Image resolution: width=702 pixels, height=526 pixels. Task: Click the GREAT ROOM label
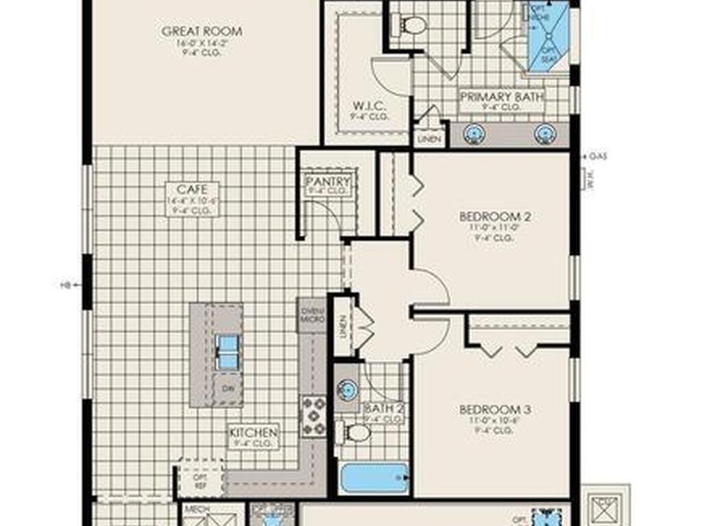point(202,32)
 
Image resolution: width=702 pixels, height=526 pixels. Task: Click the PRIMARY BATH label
point(502,97)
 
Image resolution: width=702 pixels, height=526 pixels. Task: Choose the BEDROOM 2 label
point(496,217)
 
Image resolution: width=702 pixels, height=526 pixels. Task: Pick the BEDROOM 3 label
point(496,410)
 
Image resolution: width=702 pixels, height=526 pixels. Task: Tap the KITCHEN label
point(254,433)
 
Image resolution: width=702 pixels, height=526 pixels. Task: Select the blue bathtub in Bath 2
point(374,477)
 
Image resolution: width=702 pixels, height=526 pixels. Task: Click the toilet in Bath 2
point(355,432)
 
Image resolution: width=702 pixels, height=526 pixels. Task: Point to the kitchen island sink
point(227,351)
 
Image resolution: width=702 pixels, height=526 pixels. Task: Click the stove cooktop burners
point(314,416)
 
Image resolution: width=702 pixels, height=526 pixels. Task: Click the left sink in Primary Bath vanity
point(474,134)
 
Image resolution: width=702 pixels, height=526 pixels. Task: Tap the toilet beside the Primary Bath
point(411,25)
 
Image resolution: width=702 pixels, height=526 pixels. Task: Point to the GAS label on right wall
point(597,156)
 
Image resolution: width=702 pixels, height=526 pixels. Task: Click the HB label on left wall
point(66,284)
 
